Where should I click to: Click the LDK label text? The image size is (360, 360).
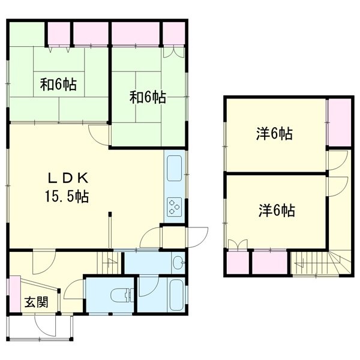coord(68,178)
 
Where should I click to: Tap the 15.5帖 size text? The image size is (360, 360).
coord(67,196)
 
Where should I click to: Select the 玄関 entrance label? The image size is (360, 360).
coord(37,302)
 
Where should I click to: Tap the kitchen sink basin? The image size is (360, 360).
coord(175,168)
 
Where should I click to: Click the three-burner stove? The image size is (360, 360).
coord(174,206)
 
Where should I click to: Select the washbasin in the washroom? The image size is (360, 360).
coord(179,262)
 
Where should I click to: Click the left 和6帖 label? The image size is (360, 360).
coord(58,85)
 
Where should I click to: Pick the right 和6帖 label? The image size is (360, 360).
coord(148,97)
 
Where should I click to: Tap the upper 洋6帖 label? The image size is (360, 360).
coord(274,134)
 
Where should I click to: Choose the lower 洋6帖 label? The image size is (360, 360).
coord(277,211)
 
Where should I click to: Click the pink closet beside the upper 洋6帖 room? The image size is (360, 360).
coord(340,122)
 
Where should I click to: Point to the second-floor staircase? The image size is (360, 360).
coord(321,262)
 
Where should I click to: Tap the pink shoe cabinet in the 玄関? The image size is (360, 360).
coord(14,294)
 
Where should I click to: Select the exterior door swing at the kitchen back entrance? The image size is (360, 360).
coord(197,237)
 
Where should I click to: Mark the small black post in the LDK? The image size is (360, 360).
coord(110,214)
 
